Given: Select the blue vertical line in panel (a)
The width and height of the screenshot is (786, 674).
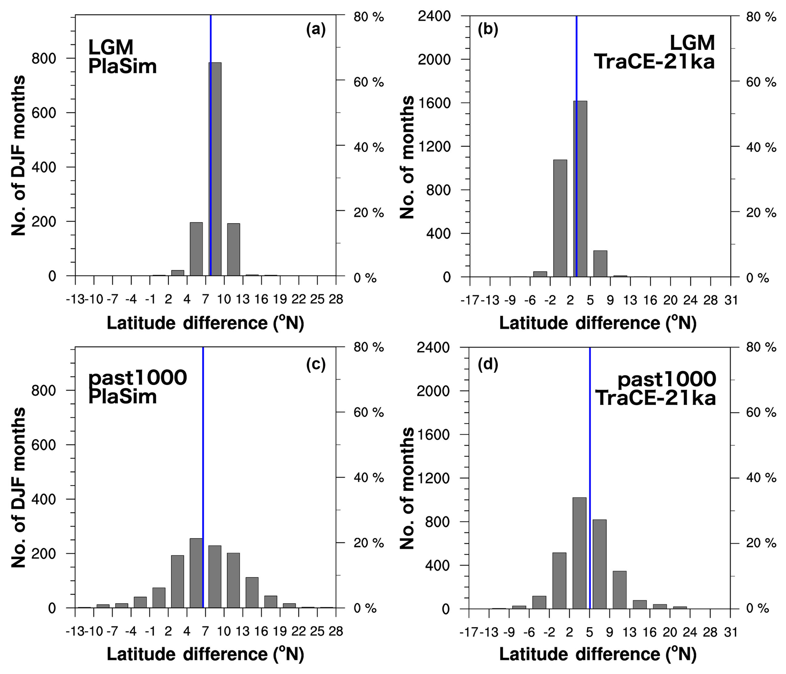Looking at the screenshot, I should click(211, 38).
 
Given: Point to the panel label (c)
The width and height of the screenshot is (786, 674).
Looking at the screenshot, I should click(316, 364).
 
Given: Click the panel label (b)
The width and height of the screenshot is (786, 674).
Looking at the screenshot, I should click(488, 30).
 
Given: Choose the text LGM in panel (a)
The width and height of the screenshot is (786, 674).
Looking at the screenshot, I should click(111, 47).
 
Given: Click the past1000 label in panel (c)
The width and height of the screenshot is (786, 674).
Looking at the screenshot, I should click(138, 378).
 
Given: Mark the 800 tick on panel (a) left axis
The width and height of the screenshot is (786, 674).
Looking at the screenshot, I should click(44, 59).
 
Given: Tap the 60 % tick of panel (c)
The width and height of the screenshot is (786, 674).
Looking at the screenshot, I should click(368, 413).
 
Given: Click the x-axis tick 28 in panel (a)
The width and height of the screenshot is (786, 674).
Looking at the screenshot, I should click(336, 299).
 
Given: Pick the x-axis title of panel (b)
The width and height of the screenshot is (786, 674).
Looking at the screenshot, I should click(597, 323).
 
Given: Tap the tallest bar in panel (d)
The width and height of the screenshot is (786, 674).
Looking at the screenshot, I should click(579, 553).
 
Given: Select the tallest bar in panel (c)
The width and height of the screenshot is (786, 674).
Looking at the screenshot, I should click(196, 573).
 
